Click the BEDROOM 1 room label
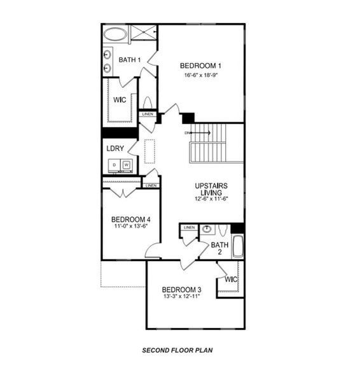[x=200, y=65]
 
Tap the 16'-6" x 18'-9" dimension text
[x=200, y=74]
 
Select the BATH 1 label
[x=129, y=60]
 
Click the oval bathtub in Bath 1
[x=115, y=34]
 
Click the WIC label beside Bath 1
[x=120, y=100]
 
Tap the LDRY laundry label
[x=114, y=148]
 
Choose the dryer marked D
[x=114, y=166]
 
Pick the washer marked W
[x=126, y=166]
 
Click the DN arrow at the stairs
[x=198, y=133]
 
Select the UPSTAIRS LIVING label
[x=211, y=189]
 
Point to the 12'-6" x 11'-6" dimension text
[x=211, y=199]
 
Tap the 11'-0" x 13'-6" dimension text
[x=131, y=225]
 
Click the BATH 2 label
[x=219, y=248]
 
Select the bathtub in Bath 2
[x=238, y=246]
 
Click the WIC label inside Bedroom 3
[x=230, y=279]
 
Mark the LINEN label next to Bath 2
[x=189, y=227]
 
